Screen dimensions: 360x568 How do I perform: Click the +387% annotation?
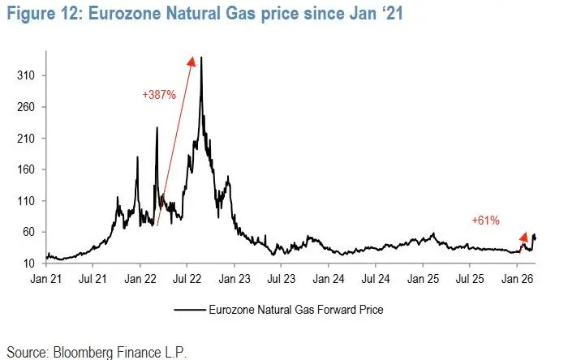pyautogui.click(x=158, y=94)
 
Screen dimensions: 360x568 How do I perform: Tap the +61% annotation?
pyautogui.click(x=485, y=220)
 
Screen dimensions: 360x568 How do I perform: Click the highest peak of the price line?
pyautogui.click(x=200, y=58)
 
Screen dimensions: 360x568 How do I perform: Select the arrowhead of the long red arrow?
pyautogui.click(x=191, y=61)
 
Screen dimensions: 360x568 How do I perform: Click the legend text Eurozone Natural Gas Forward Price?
pyautogui.click(x=295, y=309)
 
